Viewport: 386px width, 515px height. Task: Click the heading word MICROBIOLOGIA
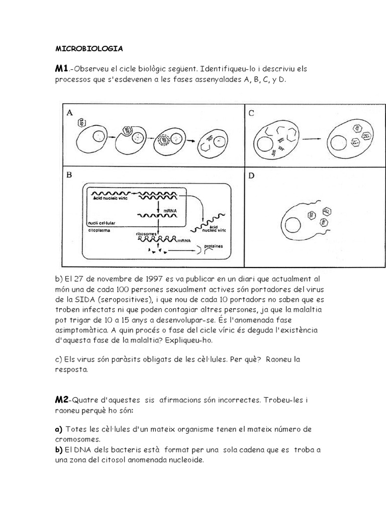tap(88, 49)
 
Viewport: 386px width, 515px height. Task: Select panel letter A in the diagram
tap(70, 114)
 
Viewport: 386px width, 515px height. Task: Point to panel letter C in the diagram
tap(251, 114)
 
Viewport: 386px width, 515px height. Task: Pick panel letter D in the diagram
tap(251, 177)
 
